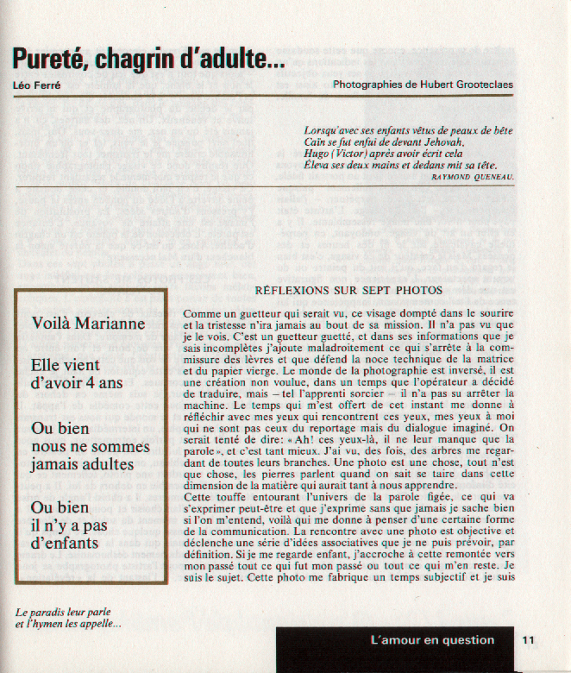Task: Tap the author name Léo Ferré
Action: [37, 85]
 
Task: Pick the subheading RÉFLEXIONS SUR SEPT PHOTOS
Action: [348, 290]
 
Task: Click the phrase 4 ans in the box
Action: [100, 382]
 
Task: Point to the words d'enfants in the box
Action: [65, 544]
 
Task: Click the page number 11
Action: [528, 640]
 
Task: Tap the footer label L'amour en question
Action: [432, 640]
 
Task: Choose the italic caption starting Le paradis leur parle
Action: [68, 619]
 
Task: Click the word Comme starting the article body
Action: [202, 317]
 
